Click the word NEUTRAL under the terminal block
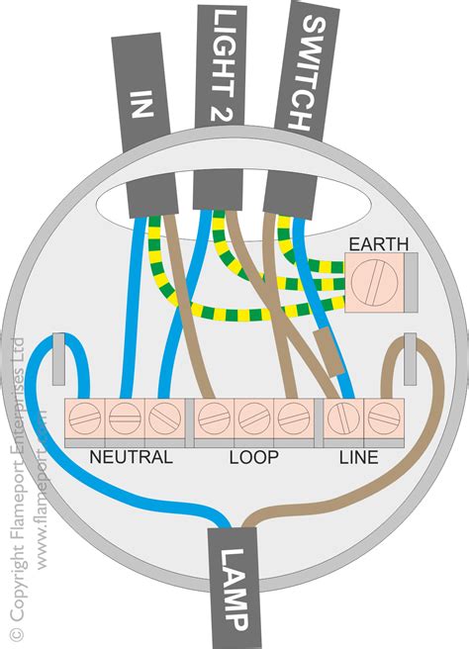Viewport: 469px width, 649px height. pos(131,457)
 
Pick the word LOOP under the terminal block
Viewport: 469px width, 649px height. pos(253,457)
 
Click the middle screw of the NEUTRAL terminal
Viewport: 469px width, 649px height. pos(125,420)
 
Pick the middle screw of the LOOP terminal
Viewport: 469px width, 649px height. pos(251,420)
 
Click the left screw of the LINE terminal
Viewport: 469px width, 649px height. pos(341,420)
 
